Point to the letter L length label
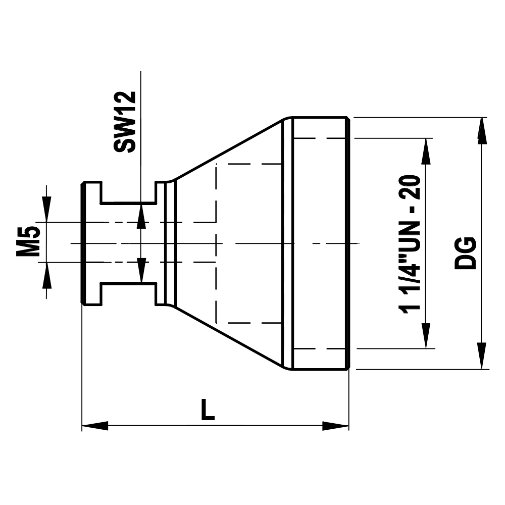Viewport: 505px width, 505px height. tap(207, 410)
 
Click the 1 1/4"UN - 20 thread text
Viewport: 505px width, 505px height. tap(410, 245)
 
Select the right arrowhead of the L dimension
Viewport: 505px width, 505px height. tap(336, 426)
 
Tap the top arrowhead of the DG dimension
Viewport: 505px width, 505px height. tap(482, 130)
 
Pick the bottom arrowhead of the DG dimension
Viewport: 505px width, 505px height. tap(482, 356)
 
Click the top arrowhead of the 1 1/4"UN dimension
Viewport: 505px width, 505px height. tap(427, 150)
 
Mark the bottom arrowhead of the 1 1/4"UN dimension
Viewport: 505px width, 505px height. tap(427, 336)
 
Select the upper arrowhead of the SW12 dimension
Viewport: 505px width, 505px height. tap(142, 215)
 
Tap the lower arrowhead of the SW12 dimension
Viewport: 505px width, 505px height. tap(142, 270)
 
